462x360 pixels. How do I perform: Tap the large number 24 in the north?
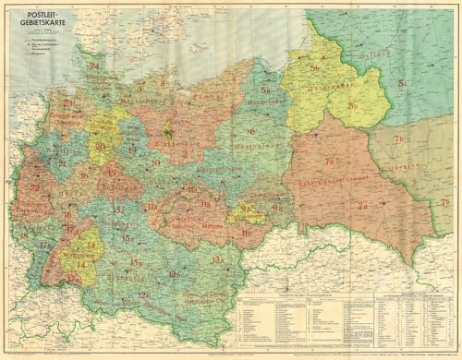pos(93,66)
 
